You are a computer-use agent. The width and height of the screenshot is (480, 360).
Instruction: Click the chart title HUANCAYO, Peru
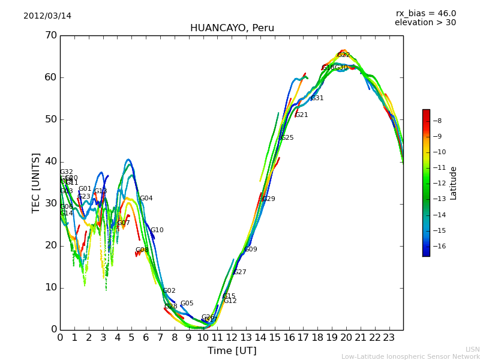232,28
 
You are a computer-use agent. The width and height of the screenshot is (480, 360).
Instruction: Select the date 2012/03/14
47,16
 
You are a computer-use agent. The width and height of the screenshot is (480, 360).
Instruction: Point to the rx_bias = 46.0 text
425,14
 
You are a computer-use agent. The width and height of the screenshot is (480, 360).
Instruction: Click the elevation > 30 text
425,23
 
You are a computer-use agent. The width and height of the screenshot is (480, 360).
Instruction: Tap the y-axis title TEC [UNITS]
36,182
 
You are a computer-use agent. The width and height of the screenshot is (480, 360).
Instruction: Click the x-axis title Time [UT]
232,351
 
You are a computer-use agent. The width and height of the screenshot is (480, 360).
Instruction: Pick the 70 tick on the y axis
50,35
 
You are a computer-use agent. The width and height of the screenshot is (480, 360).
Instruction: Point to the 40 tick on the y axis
50,161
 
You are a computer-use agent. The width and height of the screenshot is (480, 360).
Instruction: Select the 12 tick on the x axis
232,338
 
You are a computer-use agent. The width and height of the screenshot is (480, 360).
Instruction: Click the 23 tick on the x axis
389,338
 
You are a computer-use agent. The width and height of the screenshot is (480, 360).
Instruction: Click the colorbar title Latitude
454,183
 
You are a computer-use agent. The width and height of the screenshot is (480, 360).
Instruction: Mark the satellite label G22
343,55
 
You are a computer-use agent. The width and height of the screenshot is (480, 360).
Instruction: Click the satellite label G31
317,98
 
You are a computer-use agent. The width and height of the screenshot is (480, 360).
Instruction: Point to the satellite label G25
287,138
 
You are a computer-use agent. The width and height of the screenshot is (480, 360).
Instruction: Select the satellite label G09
251,250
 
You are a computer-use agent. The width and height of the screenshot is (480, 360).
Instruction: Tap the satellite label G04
146,199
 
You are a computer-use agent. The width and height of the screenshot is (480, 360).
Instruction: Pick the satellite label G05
187,304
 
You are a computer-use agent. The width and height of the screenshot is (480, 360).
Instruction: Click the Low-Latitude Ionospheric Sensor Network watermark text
410,357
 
